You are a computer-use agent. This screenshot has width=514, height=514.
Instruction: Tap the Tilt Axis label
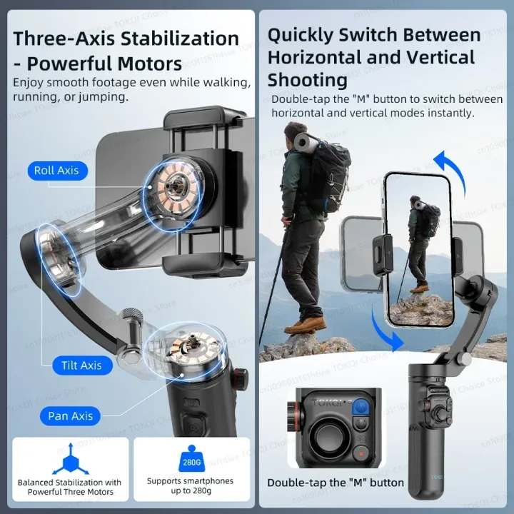tap(81, 366)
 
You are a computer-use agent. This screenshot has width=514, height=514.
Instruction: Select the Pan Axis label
tap(71, 416)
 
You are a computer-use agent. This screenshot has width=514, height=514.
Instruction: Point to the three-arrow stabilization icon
tap(70, 458)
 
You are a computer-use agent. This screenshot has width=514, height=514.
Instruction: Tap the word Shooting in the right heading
tap(308, 79)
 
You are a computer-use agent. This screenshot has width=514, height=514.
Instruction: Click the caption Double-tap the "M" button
tap(336, 483)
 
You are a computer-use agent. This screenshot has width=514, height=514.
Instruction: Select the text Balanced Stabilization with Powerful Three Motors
tap(70, 487)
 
